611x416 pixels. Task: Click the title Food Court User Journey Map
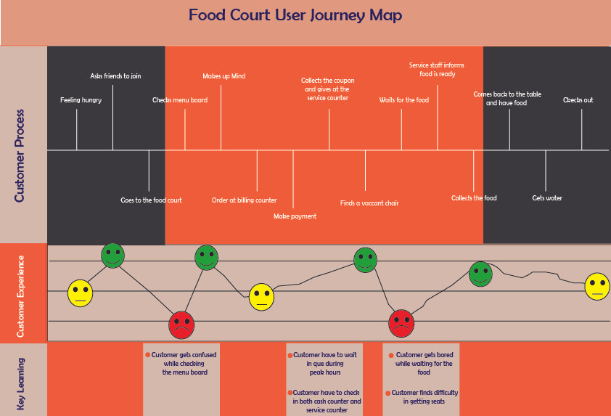pos(295,15)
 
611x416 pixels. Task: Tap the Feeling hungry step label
pos(81,100)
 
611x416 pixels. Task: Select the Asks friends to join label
pos(115,76)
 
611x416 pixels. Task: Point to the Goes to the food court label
pos(151,200)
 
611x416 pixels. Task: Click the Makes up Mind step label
pos(224,76)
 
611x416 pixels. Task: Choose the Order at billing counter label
pos(244,200)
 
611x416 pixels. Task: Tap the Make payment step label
pos(295,216)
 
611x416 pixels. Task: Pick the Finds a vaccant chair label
pos(369,203)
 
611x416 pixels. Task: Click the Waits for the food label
pos(403,100)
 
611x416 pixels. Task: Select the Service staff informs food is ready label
pos(436,69)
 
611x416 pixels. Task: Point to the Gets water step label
pos(547,197)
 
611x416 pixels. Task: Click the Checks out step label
pos(578,100)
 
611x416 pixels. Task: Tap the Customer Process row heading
pos(20,155)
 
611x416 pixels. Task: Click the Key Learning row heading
pos(20,383)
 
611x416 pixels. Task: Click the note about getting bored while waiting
pos(423,363)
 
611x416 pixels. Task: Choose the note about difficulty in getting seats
pos(424,396)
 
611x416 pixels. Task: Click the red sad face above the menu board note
pos(181,325)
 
